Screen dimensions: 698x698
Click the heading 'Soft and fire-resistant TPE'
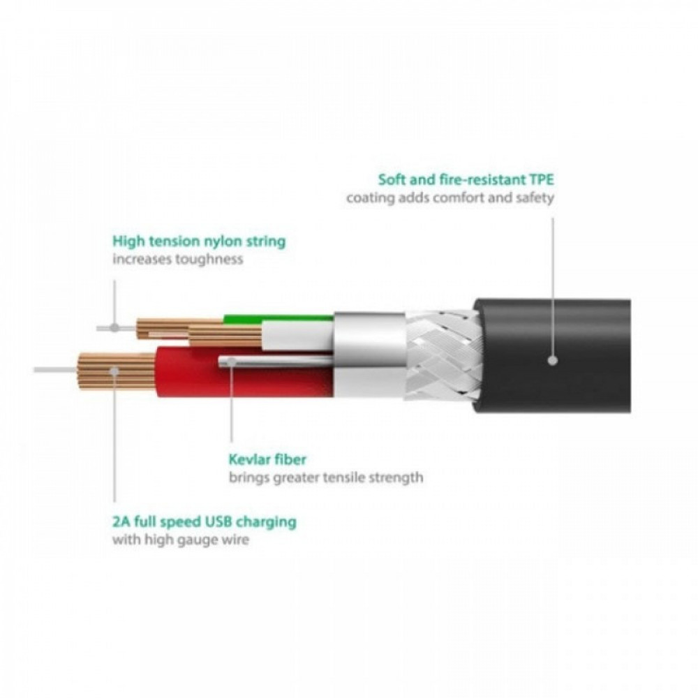(466, 179)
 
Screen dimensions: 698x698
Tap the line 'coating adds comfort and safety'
(450, 198)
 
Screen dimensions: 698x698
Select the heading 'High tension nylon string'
(199, 242)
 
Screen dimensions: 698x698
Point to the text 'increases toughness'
(177, 259)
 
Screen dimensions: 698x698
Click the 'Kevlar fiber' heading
(267, 459)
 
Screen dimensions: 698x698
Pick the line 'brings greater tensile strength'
(326, 477)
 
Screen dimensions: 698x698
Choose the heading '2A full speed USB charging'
(205, 521)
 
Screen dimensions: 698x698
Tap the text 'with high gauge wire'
(180, 540)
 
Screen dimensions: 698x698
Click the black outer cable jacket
(552, 355)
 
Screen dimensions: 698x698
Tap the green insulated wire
(279, 318)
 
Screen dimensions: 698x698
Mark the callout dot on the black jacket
(553, 360)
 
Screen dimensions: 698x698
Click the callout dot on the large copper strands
(114, 371)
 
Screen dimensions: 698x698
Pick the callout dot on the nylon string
(115, 328)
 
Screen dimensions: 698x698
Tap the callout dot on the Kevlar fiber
(231, 362)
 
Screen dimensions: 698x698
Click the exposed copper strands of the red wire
(117, 371)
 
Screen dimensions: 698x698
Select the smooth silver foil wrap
(369, 355)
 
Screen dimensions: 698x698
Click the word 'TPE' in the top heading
(542, 179)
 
